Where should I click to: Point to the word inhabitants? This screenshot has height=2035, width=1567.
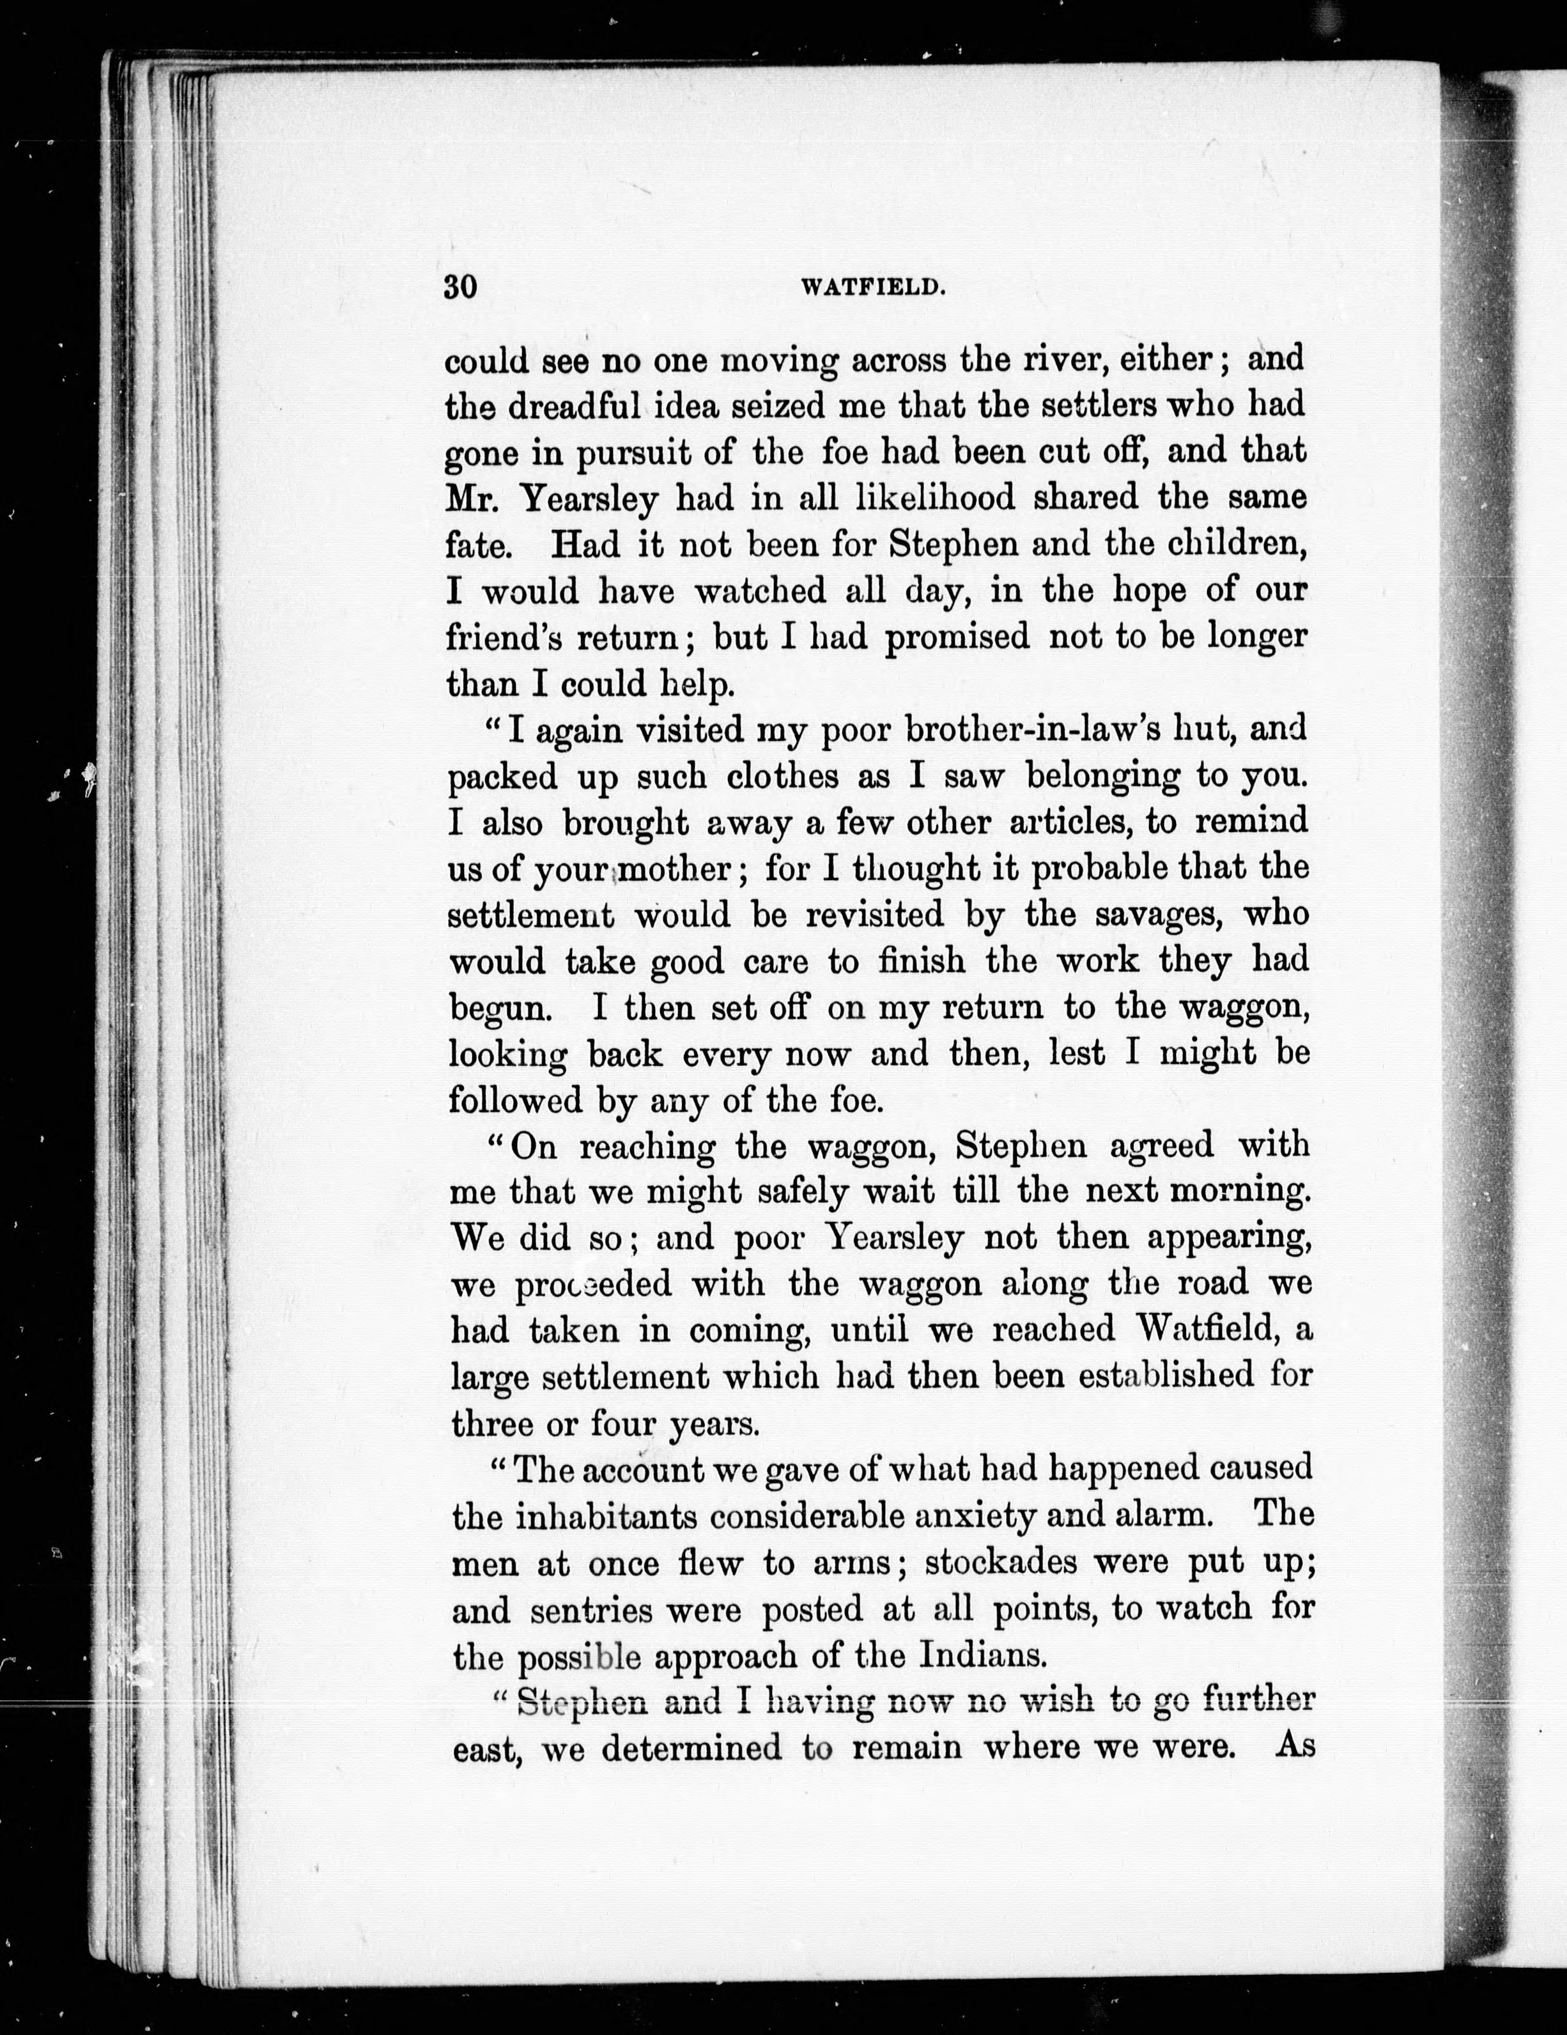pyautogui.click(x=606, y=1516)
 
